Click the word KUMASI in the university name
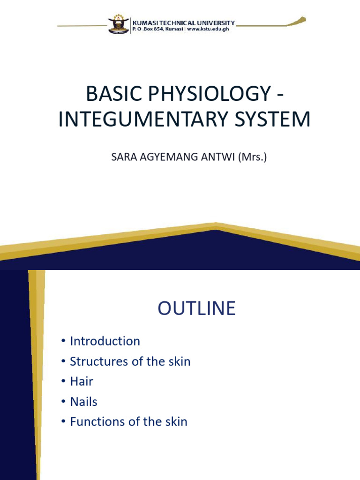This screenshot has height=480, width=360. (x=145, y=22)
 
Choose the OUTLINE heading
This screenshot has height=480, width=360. (x=196, y=309)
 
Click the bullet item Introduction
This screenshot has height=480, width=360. (x=105, y=341)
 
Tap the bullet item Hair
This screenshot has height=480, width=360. (x=81, y=382)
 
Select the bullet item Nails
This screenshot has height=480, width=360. (x=83, y=402)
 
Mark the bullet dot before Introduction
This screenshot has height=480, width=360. (x=63, y=341)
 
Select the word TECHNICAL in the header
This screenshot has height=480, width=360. (x=179, y=22)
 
